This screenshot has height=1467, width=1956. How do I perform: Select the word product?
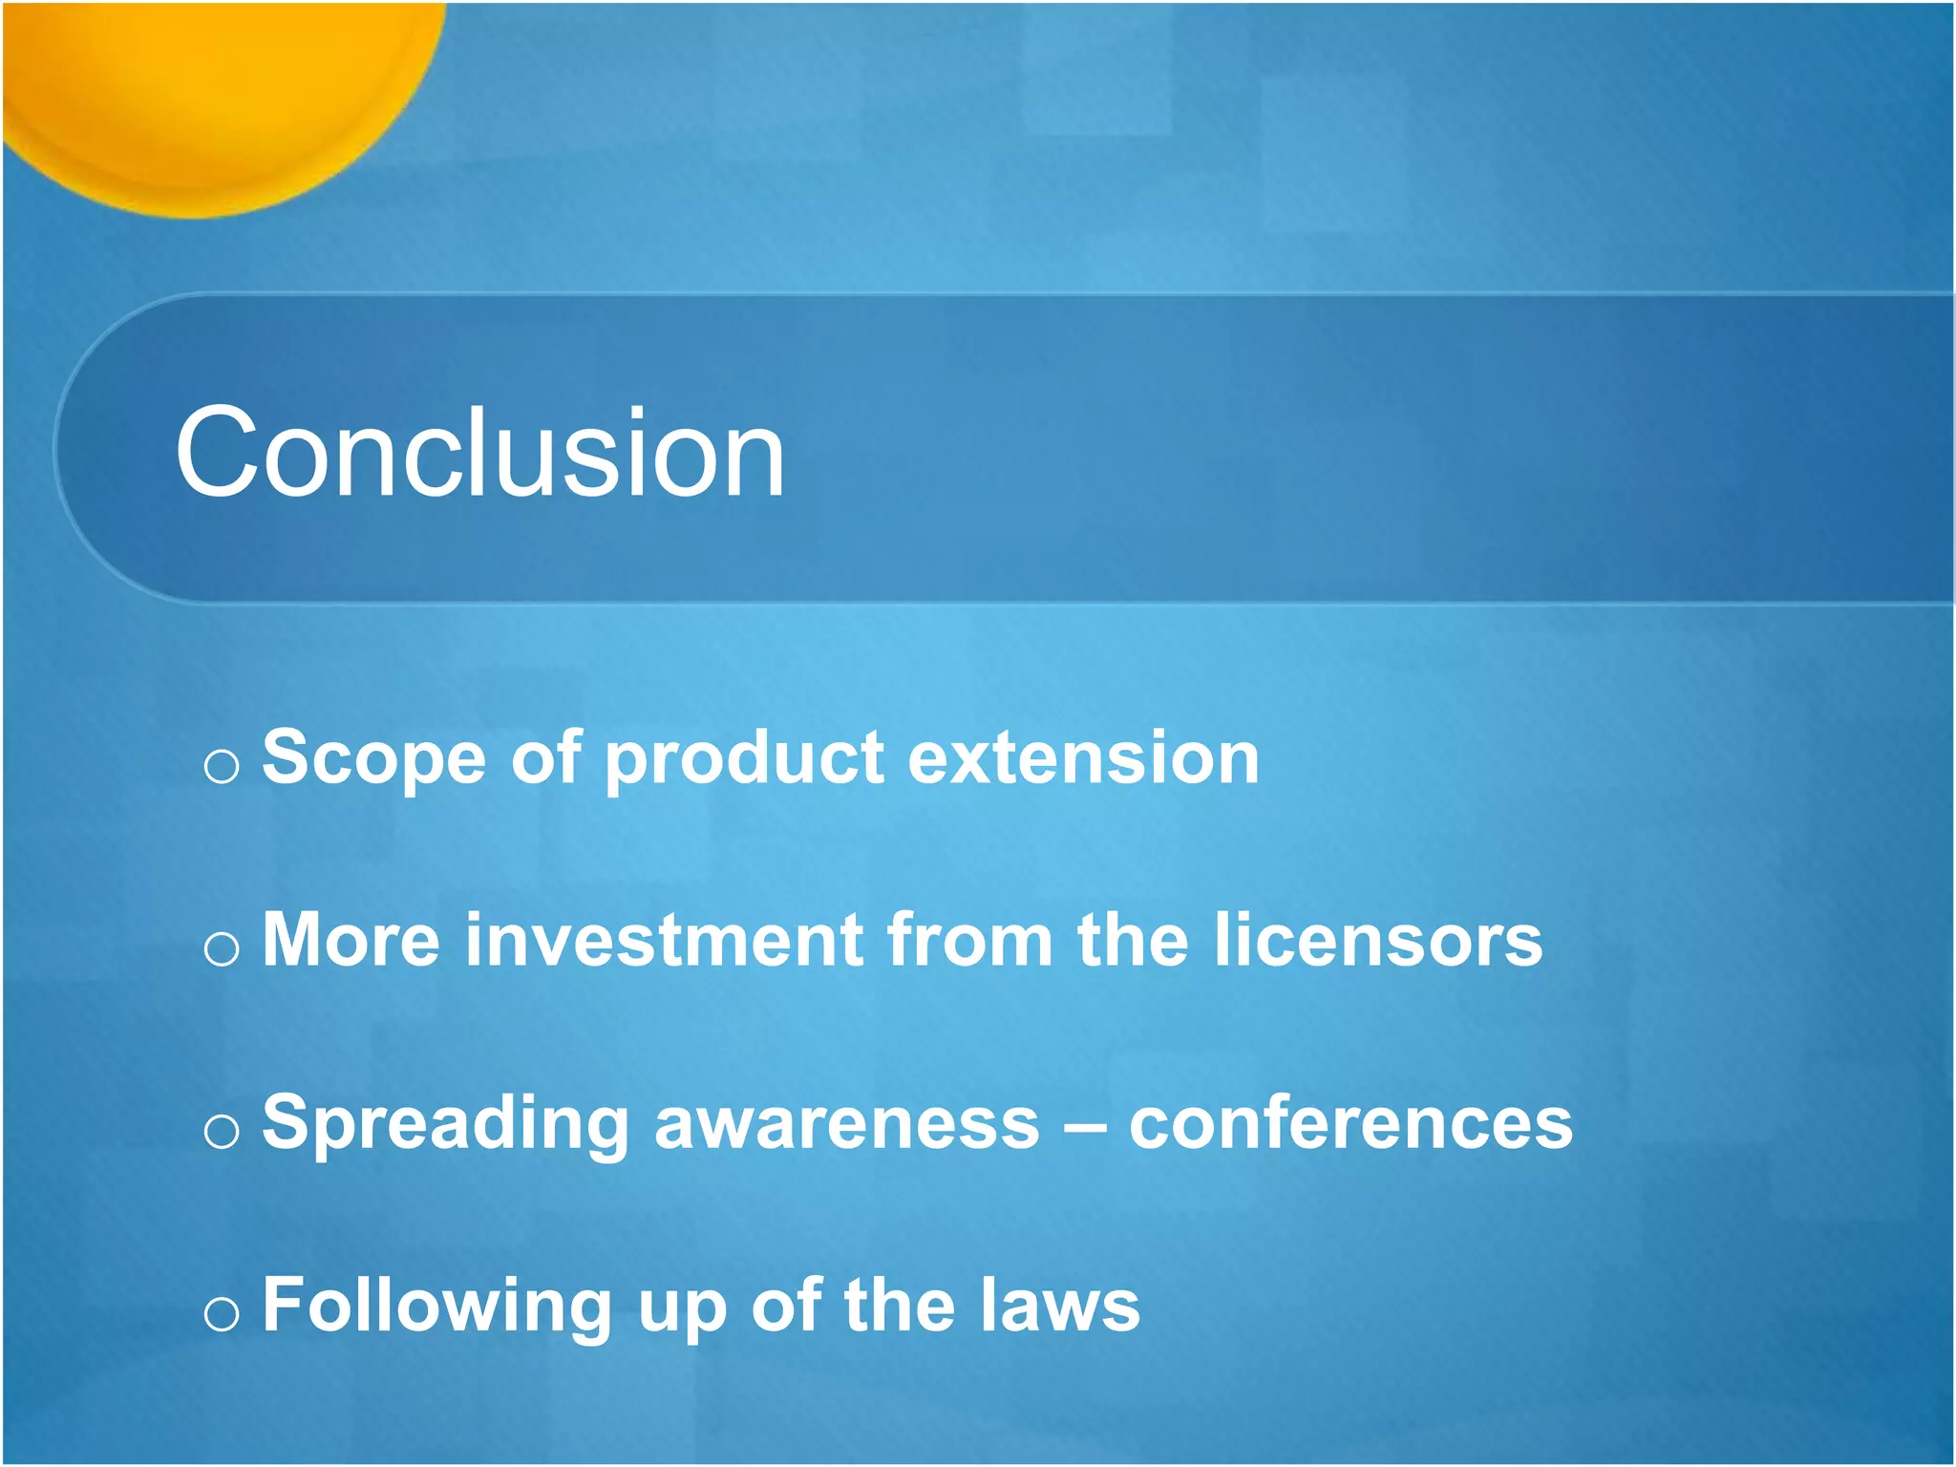pyautogui.click(x=744, y=757)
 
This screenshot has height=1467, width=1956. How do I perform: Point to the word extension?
pyautogui.click(x=1083, y=757)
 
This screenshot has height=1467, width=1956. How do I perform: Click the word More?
pyautogui.click(x=351, y=940)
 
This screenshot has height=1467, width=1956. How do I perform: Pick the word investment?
pyautogui.click(x=665, y=940)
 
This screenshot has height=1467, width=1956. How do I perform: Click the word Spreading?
pyautogui.click(x=446, y=1123)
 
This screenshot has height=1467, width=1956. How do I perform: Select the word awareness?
pyautogui.click(x=847, y=1123)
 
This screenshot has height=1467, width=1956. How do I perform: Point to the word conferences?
pyautogui.click(x=1350, y=1123)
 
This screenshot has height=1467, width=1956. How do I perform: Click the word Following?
pyautogui.click(x=437, y=1307)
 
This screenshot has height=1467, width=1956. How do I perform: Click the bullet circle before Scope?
pyautogui.click(x=222, y=766)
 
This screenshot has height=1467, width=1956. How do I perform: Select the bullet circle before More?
pyautogui.click(x=222, y=948)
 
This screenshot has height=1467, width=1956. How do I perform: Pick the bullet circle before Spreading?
pyautogui.click(x=222, y=1132)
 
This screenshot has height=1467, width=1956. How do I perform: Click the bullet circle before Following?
pyautogui.click(x=222, y=1315)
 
